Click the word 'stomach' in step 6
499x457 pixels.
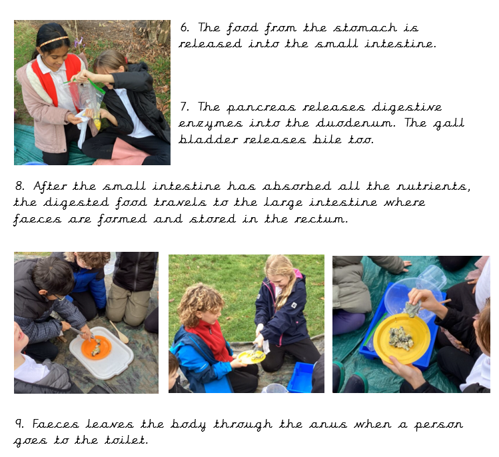(365, 28)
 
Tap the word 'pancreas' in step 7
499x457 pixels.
(261, 108)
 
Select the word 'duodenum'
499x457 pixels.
(356, 123)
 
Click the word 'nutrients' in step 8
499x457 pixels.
(433, 186)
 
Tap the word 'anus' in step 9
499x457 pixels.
(328, 425)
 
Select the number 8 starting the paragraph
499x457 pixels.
(19, 186)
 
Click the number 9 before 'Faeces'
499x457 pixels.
(19, 424)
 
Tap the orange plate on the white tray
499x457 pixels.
(97, 348)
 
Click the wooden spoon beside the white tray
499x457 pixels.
(119, 332)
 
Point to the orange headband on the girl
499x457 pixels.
(53, 41)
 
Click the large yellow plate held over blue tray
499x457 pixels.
(402, 338)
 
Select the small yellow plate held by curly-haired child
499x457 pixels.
(251, 357)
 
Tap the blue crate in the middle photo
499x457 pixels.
(300, 377)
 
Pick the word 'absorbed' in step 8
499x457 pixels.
(296, 186)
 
